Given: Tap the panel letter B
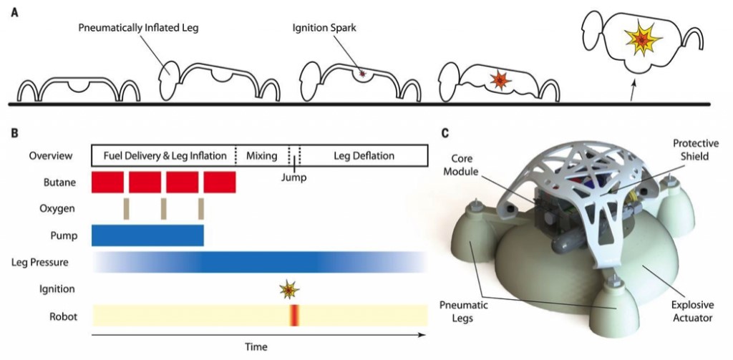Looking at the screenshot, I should click(x=14, y=132).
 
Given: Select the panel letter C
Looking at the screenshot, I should click(x=445, y=132).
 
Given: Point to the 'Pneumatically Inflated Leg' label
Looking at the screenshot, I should click(x=139, y=29).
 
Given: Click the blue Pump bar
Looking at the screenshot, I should click(x=148, y=235).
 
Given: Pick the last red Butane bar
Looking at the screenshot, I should click(x=219, y=182).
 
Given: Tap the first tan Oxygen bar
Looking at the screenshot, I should click(x=127, y=208).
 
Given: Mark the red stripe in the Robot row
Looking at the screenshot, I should click(x=293, y=316).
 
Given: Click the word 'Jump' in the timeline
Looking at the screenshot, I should click(x=294, y=177).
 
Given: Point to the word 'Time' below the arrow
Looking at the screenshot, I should click(x=256, y=347).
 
